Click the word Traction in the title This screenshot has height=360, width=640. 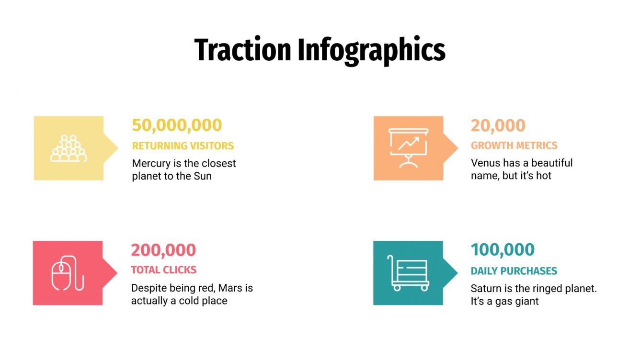pos(243,50)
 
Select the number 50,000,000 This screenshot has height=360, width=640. pos(177,125)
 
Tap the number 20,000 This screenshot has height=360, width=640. pos(498,125)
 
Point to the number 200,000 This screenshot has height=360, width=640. pos(163,250)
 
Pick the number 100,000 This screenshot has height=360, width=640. pos(503,250)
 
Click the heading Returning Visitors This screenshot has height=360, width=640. pos(183,146)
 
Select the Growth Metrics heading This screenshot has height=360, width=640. pos(514,146)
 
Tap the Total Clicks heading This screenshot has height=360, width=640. pos(164,270)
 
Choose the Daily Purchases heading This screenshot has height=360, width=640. pos(514,271)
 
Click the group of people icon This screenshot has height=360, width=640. pos(69,148)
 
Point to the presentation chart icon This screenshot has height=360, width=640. pos(409,148)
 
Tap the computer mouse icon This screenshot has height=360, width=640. pos(68,273)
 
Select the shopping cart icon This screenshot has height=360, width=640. pos(408,273)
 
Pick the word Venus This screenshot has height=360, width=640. pos(485,163)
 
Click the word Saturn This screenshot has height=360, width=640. pos(486,289)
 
